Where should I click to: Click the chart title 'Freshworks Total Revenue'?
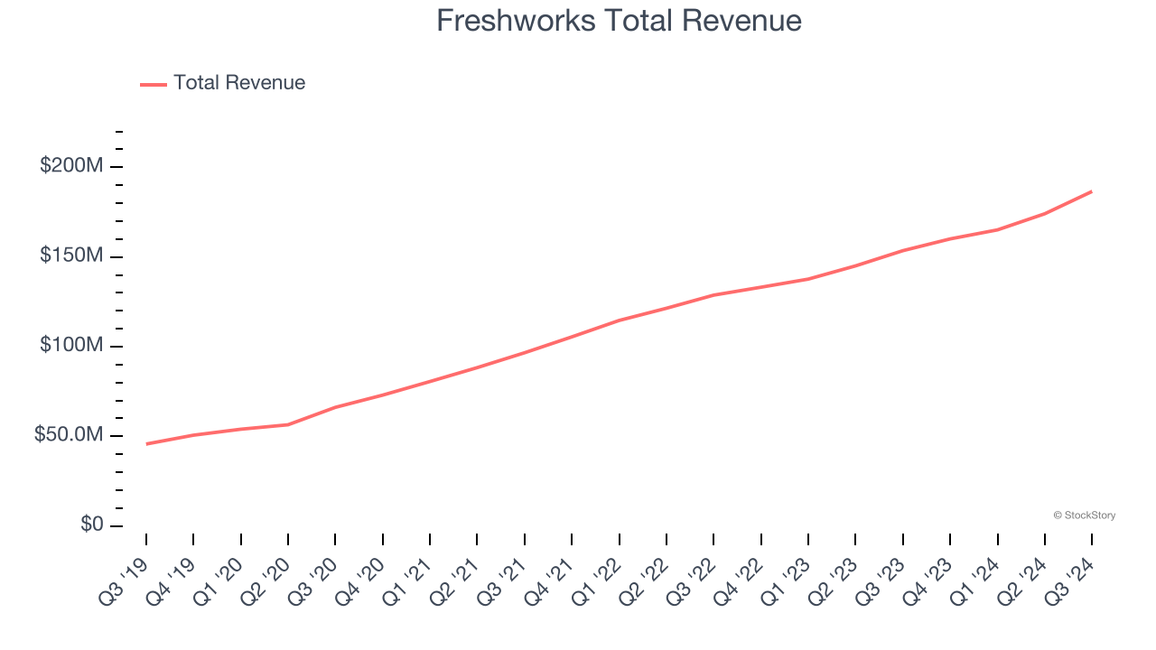point(619,21)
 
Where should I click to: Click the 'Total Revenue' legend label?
point(239,83)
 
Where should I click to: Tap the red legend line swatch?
point(154,84)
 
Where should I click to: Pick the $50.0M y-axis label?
point(69,435)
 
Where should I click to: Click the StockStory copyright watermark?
point(1085,515)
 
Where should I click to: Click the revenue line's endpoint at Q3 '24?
point(1092,191)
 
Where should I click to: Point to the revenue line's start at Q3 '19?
point(146,444)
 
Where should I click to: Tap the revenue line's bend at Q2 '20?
point(288,424)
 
